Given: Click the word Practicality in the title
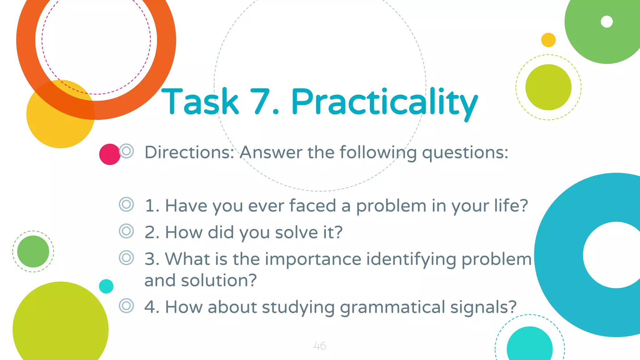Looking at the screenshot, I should [x=384, y=102].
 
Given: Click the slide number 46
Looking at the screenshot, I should [x=320, y=346].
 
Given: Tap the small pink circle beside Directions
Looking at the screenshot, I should [x=109, y=154].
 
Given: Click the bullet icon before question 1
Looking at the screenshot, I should [x=126, y=205].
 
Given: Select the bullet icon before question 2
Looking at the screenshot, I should [x=126, y=231].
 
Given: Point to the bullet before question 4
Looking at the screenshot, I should [x=126, y=306].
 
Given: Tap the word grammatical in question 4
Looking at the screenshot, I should [x=392, y=307].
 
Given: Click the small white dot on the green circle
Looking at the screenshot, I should [x=607, y=22].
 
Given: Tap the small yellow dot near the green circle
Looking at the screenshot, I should [x=548, y=40].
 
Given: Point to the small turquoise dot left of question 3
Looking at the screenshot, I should [x=106, y=286].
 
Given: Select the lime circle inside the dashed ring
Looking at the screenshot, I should [x=548, y=87].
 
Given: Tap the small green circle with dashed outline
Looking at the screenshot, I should [x=33, y=252].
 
